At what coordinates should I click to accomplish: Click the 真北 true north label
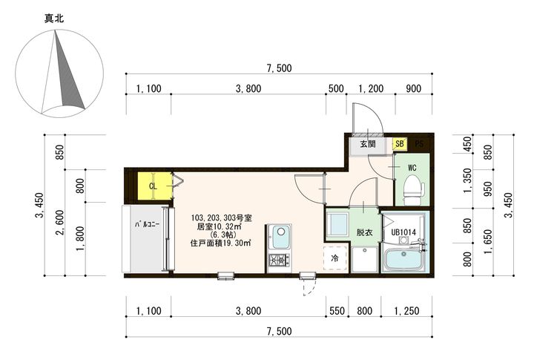[x=54, y=19]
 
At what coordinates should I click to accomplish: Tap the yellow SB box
[x=400, y=144]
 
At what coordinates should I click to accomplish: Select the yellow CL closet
[x=154, y=186]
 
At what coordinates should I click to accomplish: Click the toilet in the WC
[x=413, y=190]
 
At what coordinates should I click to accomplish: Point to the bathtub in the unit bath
[x=404, y=259]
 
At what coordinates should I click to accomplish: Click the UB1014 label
[x=403, y=232]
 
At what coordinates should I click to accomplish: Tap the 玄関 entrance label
[x=368, y=144]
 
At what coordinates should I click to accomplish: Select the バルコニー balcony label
[x=147, y=224]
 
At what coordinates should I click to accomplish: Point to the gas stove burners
[x=280, y=261]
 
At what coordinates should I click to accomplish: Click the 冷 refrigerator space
[x=335, y=258]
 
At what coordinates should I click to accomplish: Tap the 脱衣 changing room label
[x=364, y=232]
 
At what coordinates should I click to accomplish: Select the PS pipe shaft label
[x=419, y=144]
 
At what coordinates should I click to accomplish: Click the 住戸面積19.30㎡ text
[x=221, y=243]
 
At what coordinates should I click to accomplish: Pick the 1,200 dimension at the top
[x=371, y=88]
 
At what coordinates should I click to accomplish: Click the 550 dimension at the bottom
[x=337, y=311]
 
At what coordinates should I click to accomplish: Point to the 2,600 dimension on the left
[x=60, y=222]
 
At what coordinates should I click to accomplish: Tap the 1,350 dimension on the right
[x=468, y=180]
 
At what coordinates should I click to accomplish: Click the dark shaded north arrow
[x=69, y=71]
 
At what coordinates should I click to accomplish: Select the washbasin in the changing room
[x=337, y=224]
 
